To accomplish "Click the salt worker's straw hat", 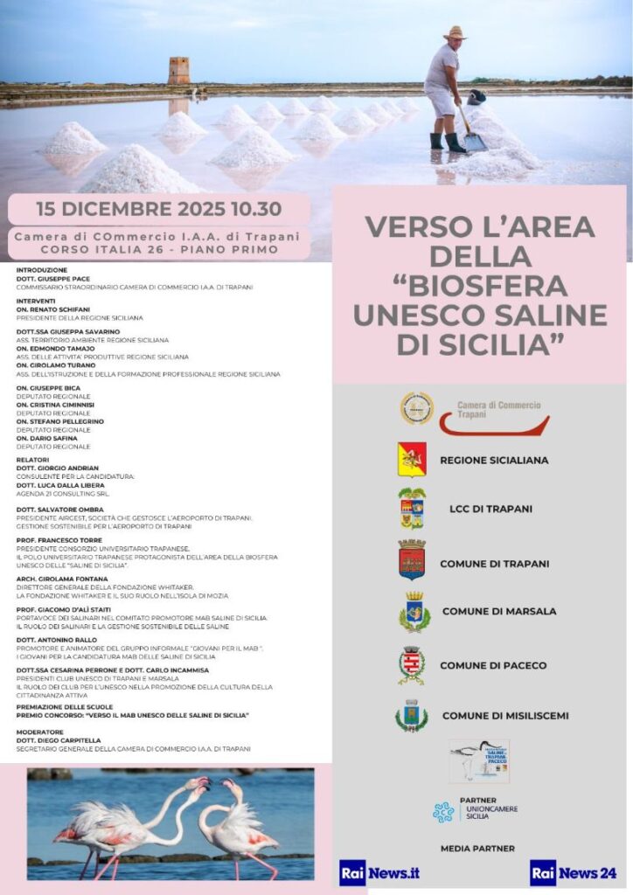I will (x=455, y=33).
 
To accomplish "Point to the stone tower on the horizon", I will (x=178, y=71).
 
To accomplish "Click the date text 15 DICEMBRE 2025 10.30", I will (x=158, y=210).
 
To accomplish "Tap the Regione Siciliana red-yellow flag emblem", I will (x=412, y=459).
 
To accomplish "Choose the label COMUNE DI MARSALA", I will (x=498, y=612).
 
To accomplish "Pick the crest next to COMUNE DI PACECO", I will (x=411, y=665).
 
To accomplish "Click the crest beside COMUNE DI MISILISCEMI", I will (x=411, y=716).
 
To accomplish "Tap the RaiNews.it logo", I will (x=379, y=872).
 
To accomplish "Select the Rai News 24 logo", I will (x=573, y=872).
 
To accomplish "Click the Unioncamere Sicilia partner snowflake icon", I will (x=443, y=812).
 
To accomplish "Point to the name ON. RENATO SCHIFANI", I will (x=52, y=310).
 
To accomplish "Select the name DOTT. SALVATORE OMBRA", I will (x=59, y=510).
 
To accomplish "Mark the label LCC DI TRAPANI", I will (x=486, y=509).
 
